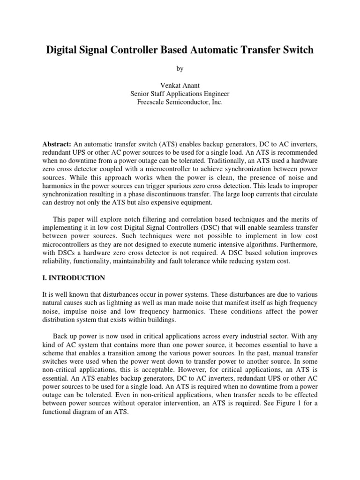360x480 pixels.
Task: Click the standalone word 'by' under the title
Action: (x=180, y=69)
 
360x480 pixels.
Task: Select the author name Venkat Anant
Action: (x=180, y=85)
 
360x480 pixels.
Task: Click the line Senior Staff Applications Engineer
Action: (x=180, y=94)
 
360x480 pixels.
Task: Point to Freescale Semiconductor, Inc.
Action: (x=180, y=102)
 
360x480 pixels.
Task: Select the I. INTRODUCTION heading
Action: (x=74, y=278)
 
